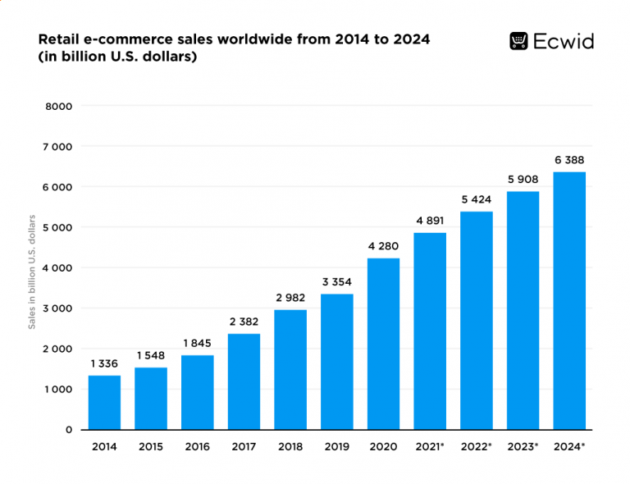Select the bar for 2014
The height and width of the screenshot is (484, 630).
point(104,402)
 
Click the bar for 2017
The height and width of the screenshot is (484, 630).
point(244,381)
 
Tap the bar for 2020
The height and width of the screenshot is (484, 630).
point(383,344)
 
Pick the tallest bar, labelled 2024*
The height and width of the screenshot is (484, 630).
point(569,300)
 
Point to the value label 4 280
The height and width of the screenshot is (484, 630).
point(383,244)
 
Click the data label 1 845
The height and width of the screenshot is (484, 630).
point(198,342)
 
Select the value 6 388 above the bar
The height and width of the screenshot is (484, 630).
point(569,159)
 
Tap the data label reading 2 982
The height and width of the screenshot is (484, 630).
point(290,297)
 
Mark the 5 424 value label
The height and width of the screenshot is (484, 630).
point(477,199)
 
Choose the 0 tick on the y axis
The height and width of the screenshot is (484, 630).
point(69,430)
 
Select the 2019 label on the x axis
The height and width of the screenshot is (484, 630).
point(337,447)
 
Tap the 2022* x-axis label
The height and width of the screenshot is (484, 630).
point(477,447)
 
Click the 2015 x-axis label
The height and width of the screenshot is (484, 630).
point(151,447)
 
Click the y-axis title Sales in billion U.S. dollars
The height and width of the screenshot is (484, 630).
point(32,272)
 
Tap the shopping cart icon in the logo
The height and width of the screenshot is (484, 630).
point(518,41)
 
